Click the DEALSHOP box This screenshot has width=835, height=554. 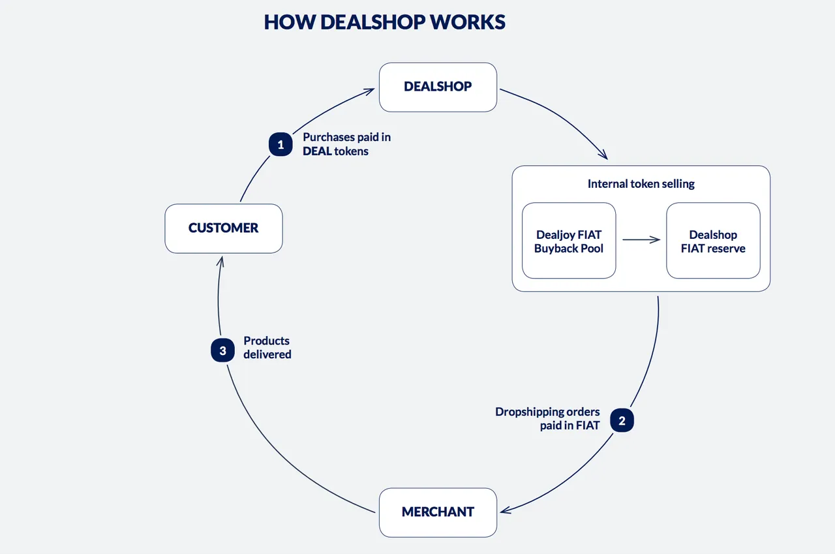tap(438, 87)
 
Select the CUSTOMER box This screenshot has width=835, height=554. tap(224, 228)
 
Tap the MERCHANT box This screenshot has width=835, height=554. tap(438, 513)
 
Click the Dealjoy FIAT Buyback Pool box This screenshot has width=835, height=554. tap(569, 241)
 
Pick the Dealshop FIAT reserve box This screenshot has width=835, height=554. tap(713, 241)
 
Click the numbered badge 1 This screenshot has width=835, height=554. tap(281, 144)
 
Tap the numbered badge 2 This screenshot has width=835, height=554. tap(622, 420)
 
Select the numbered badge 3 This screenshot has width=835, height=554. tap(223, 350)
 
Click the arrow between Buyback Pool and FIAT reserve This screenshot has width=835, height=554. tap(641, 239)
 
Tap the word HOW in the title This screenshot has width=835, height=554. tap(290, 22)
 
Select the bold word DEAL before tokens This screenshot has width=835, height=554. tap(317, 151)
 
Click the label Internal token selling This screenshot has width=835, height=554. tap(641, 184)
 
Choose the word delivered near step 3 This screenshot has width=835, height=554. tap(267, 354)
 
